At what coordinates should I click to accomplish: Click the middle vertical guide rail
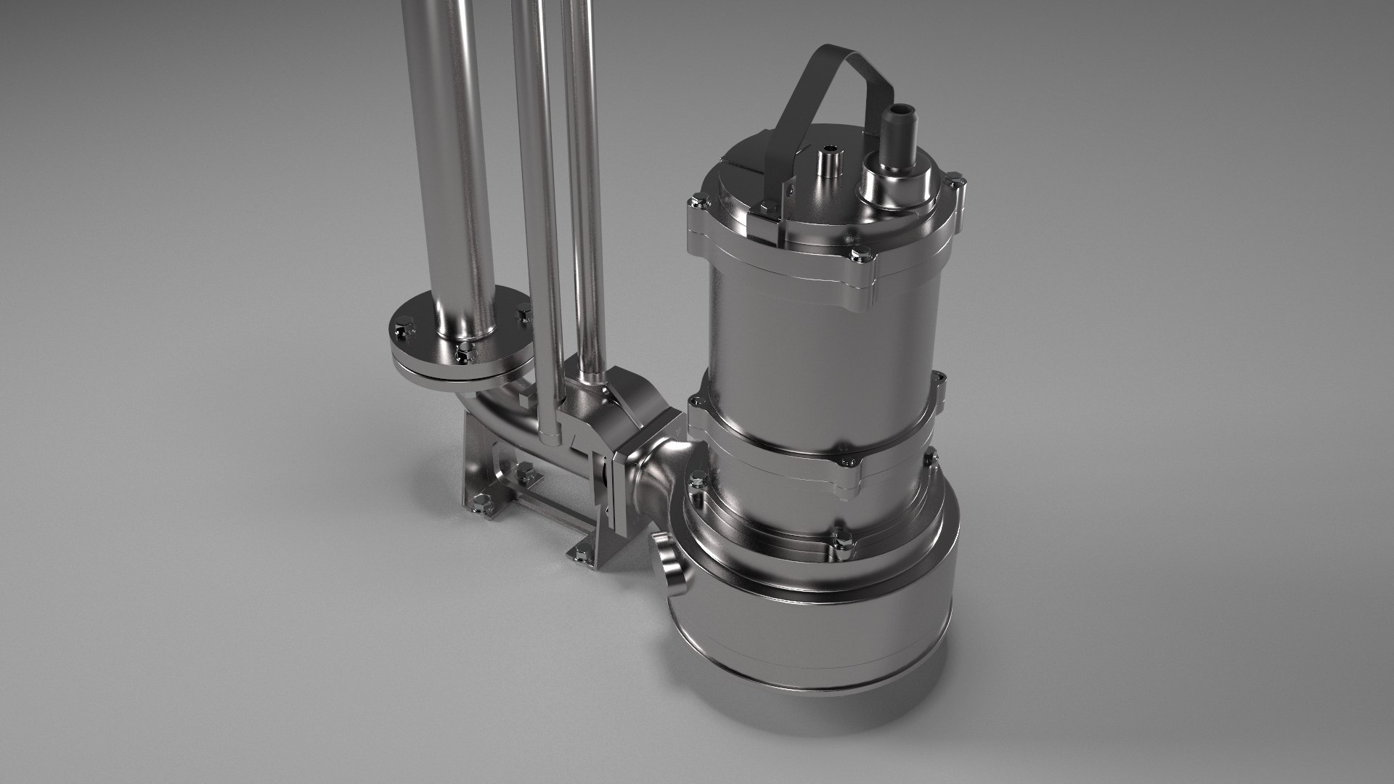pos(537,181)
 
